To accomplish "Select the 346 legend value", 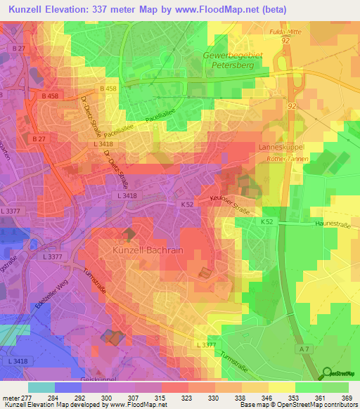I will click(259, 397).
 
